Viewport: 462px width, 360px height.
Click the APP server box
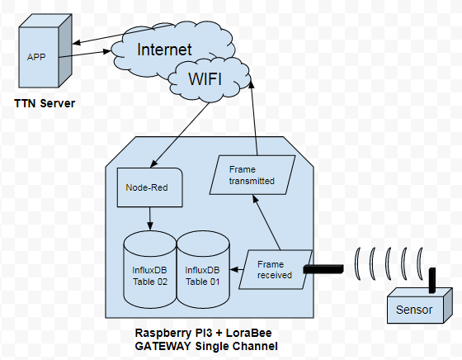coord(41,57)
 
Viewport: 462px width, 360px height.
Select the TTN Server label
coord(48,106)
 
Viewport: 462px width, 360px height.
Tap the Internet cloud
coord(163,50)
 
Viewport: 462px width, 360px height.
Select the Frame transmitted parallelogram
coord(253,174)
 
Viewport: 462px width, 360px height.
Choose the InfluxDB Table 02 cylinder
coord(149,272)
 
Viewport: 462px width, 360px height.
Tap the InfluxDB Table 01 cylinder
coord(203,272)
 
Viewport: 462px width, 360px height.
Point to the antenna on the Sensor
coord(430,279)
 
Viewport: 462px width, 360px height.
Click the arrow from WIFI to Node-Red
coord(176,133)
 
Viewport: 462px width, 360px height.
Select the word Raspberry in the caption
coord(162,333)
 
